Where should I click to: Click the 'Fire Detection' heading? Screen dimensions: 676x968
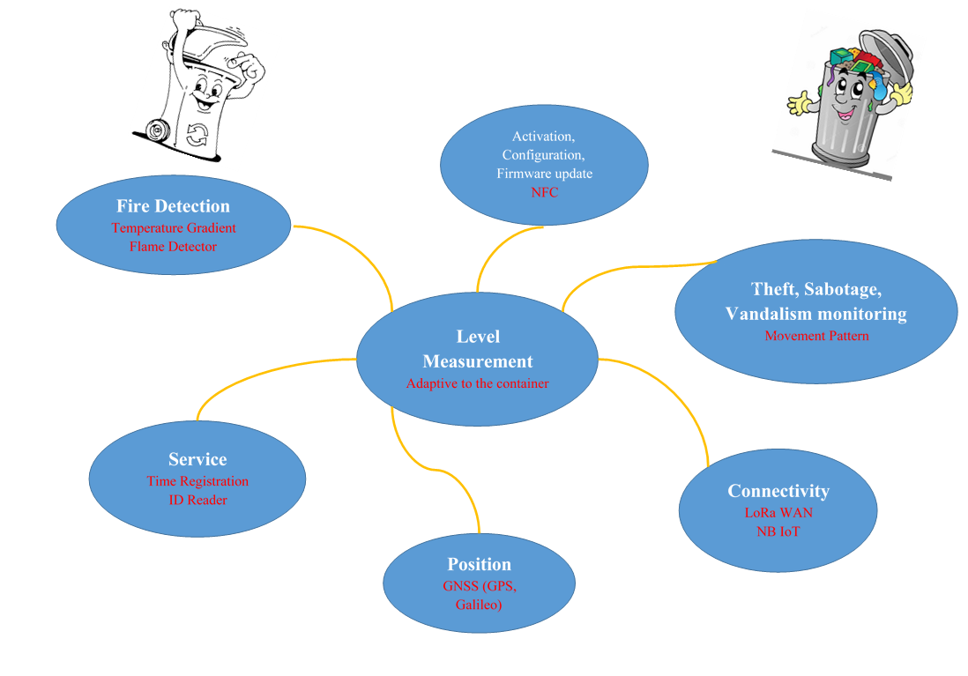click(173, 206)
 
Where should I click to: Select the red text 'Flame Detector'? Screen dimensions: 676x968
click(173, 247)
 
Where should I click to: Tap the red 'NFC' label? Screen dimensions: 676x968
click(544, 192)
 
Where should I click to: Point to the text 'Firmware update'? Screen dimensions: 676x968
click(544, 174)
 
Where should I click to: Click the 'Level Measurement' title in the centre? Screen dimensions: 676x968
click(478, 349)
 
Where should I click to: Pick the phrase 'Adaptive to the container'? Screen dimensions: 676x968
click(477, 384)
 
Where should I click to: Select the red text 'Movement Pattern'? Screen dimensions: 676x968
click(816, 336)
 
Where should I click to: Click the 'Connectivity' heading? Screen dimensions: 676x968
click(778, 491)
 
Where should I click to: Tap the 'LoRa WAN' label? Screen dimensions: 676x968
click(778, 512)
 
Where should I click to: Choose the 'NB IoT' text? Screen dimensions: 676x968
click(778, 531)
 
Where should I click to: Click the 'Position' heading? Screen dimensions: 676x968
click(479, 564)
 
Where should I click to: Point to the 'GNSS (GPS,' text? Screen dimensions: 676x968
click(479, 585)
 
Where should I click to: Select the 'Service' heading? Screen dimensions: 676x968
click(197, 459)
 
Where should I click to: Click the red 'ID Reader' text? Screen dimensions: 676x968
click(197, 500)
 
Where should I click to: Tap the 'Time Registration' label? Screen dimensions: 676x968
click(197, 481)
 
